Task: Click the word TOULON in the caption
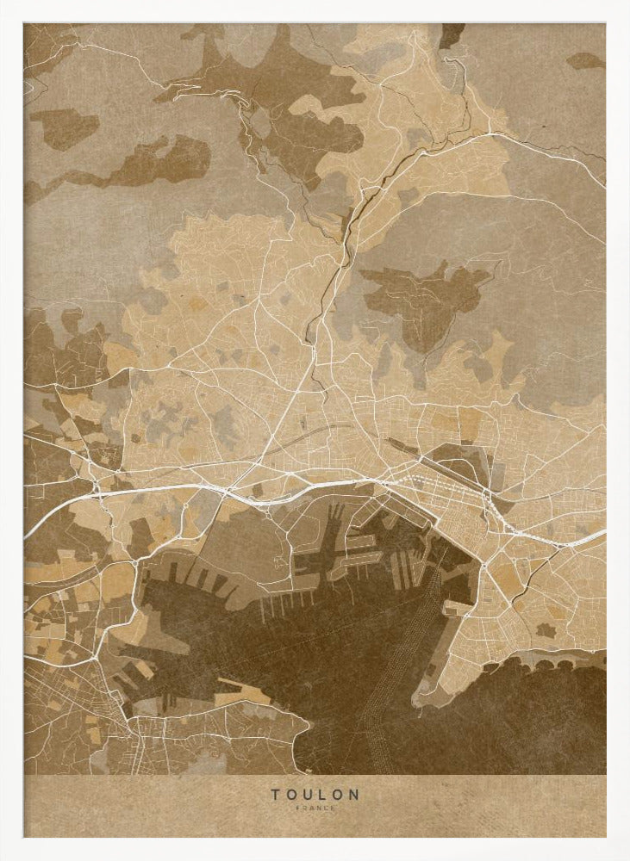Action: [315, 794]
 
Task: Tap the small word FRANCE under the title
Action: [315, 808]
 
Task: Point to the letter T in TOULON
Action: [275, 794]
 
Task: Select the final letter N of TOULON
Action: [354, 794]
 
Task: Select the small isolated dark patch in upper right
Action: [585, 60]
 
